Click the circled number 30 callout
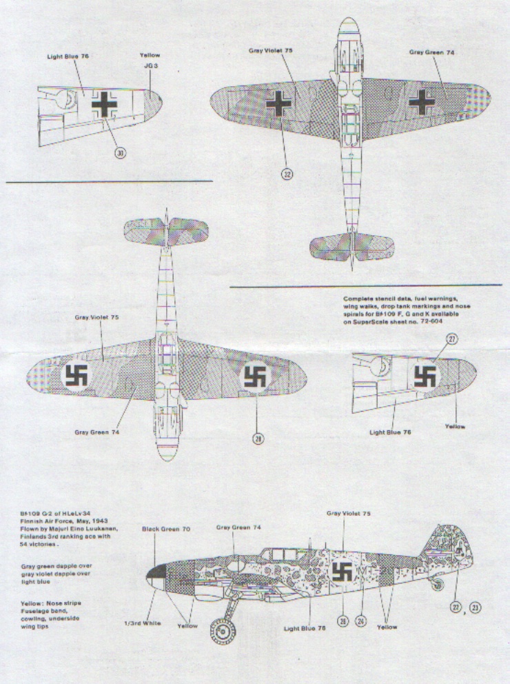(x=121, y=154)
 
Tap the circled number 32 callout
(x=287, y=174)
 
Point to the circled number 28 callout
(x=258, y=439)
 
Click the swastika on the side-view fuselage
(x=343, y=571)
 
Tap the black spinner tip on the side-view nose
(x=153, y=572)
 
